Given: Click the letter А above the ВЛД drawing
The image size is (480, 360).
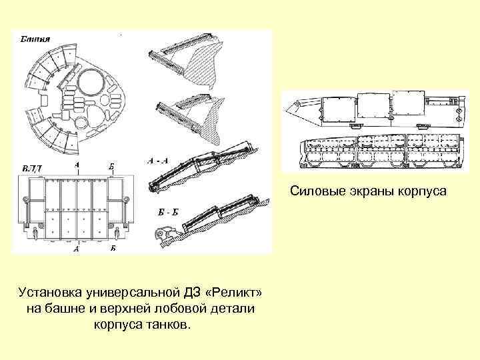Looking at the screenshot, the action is click(78, 163).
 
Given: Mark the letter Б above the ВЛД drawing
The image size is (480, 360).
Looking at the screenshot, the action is click(110, 163).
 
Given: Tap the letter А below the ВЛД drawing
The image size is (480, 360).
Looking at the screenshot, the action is click(77, 249).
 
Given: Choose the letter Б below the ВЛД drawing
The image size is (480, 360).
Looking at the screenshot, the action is click(113, 249).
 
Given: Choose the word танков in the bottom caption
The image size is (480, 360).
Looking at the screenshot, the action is click(169, 326).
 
